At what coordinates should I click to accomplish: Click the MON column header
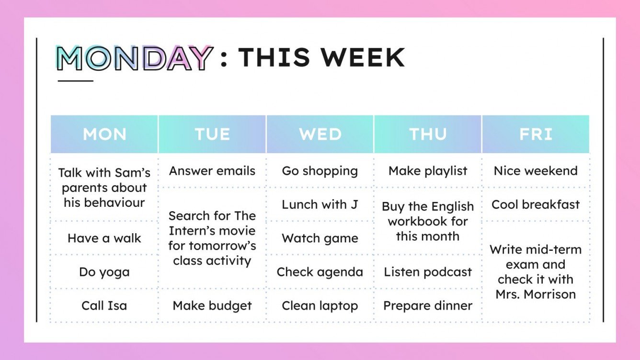click(x=104, y=134)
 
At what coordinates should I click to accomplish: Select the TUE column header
click(x=212, y=134)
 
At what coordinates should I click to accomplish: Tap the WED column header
click(x=320, y=134)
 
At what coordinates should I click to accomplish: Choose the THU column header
click(x=428, y=134)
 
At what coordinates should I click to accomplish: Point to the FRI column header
click(x=536, y=134)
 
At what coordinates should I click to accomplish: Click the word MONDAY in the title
click(x=134, y=58)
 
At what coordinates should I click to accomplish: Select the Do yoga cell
click(x=104, y=272)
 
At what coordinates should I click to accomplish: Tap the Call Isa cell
click(x=104, y=305)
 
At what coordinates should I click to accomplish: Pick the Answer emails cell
click(x=212, y=171)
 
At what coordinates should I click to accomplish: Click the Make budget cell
click(x=212, y=305)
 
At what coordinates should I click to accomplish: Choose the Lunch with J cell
click(x=320, y=204)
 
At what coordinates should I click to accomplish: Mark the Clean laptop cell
click(x=320, y=305)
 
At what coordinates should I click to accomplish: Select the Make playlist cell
click(x=428, y=171)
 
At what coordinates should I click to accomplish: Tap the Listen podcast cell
click(x=428, y=272)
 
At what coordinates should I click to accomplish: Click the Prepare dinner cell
click(x=428, y=305)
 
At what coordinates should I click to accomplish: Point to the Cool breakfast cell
click(x=536, y=204)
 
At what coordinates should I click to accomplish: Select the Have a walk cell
click(x=104, y=238)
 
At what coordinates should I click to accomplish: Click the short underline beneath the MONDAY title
click(x=75, y=81)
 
